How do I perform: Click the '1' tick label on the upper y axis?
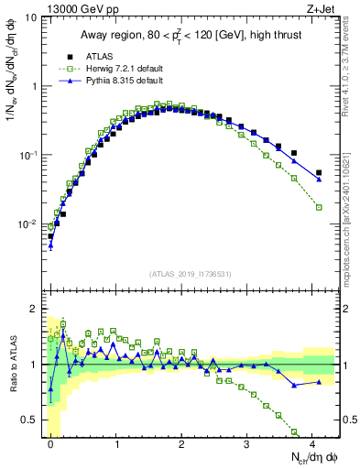33,86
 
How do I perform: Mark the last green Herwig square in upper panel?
319,207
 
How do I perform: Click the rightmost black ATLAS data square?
319,172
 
